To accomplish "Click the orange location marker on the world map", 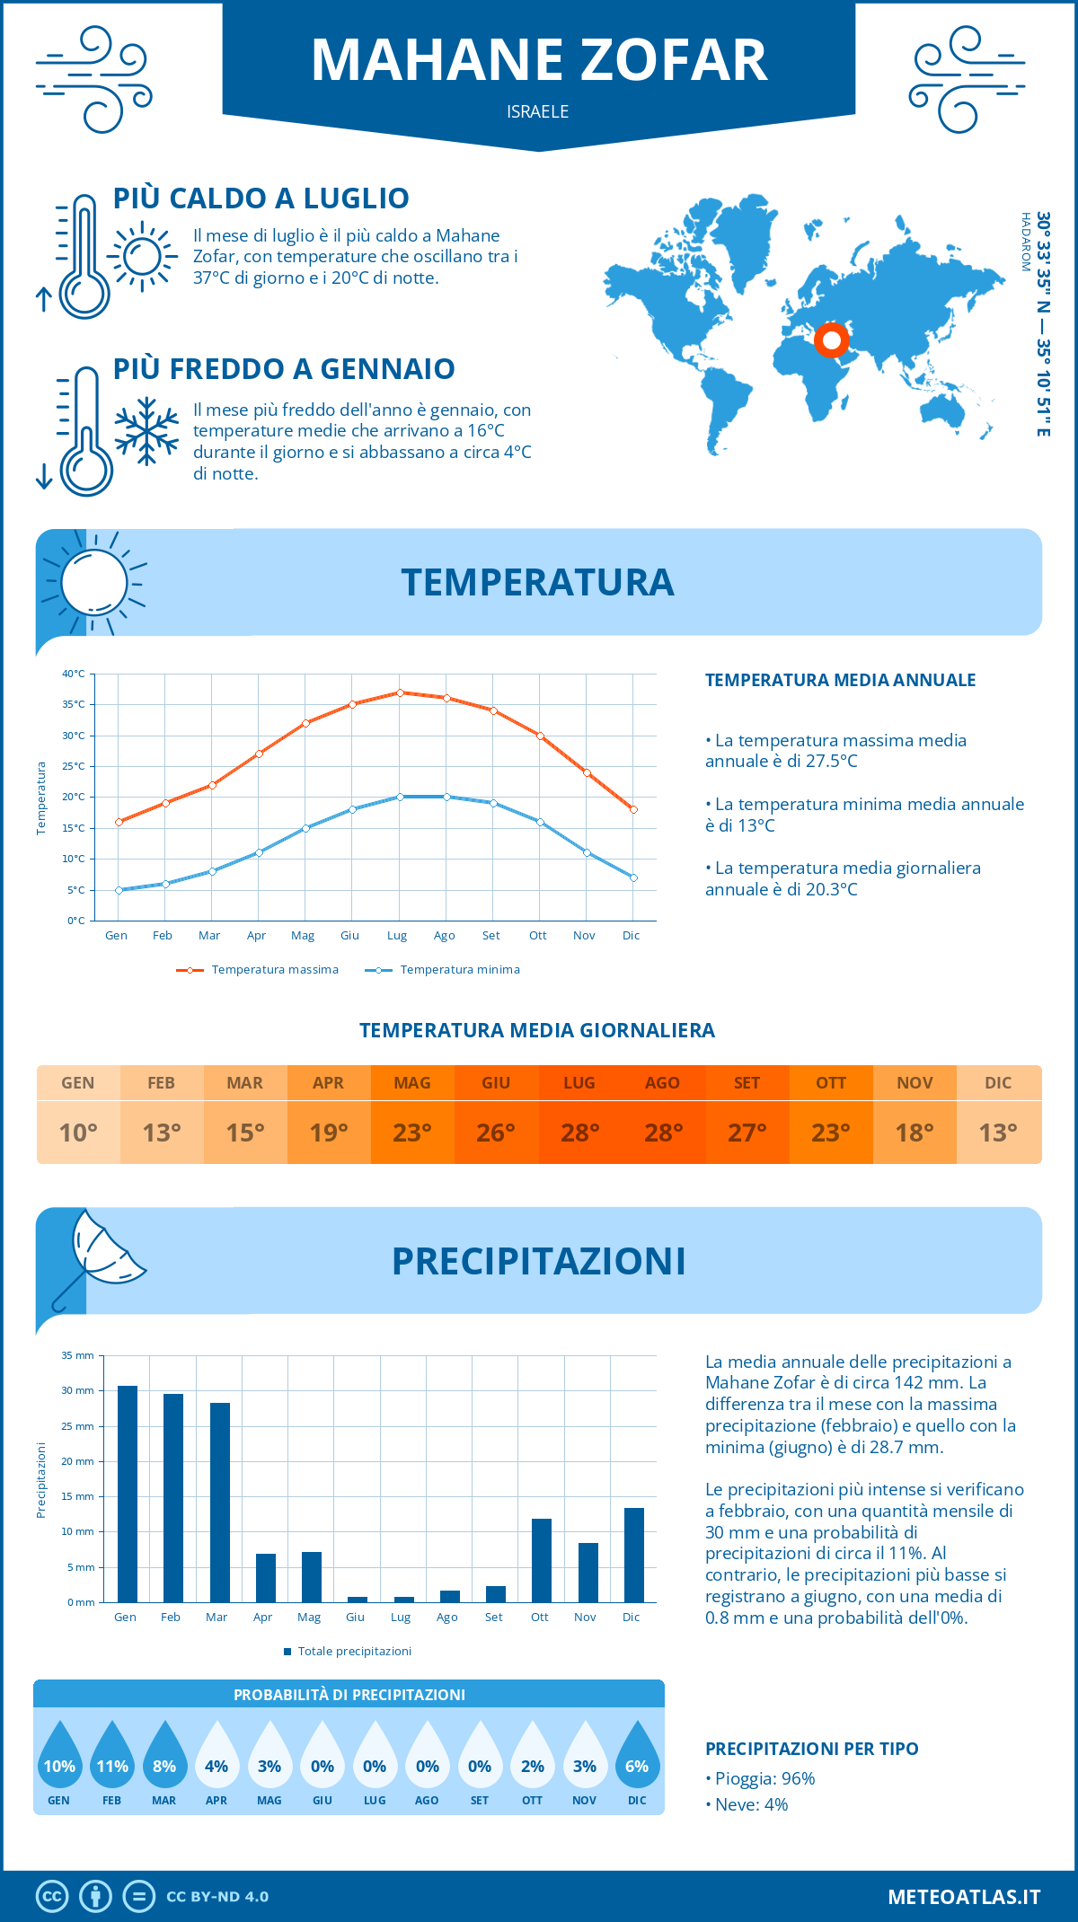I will point(832,340).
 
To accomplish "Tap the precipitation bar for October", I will point(542,1560).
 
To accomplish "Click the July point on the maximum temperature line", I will point(400,692).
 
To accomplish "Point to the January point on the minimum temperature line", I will point(119,890).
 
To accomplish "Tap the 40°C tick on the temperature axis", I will point(74,674).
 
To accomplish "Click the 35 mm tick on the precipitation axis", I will point(77,1355).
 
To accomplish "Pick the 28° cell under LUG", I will point(579,1133).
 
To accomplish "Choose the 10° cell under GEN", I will point(78,1133).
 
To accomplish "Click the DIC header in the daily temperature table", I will point(998,1083).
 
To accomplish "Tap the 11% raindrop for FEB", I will point(112,1759).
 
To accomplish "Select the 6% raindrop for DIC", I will point(637,1759).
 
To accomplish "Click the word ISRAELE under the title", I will point(537,111).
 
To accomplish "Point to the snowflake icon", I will point(146,431).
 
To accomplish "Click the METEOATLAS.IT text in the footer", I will point(964,1897).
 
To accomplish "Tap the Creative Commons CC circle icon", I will point(52,1897).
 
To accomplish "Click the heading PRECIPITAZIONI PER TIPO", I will point(811,1749).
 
